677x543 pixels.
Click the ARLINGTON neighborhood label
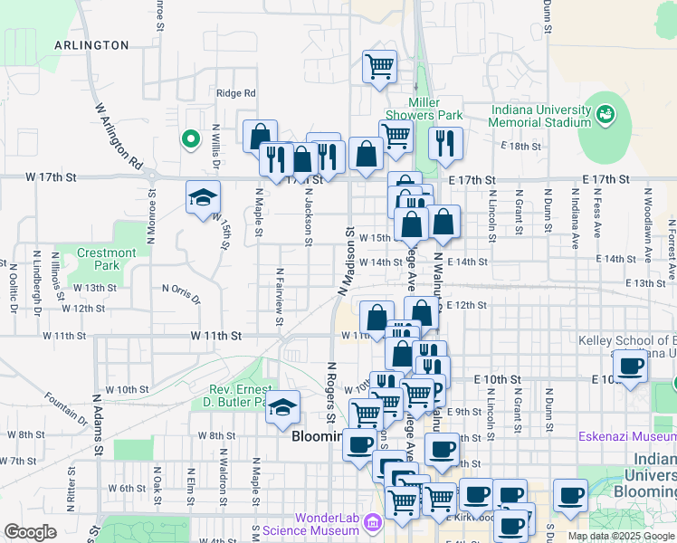91,44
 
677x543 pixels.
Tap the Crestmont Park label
107,260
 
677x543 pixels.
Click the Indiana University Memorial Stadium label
541,116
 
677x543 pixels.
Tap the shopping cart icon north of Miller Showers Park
379,65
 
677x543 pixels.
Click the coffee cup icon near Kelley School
631,367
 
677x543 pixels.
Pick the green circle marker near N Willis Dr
190,139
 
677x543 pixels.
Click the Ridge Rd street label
236,93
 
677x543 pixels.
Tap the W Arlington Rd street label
119,135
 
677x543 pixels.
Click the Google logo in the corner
31,532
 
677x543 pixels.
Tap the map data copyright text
620,536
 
